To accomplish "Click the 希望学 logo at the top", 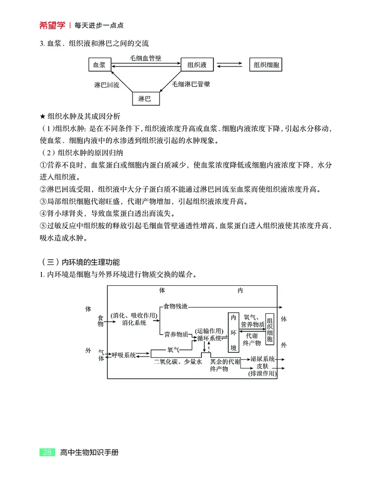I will [x=52, y=25].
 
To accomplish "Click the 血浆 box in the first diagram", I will [x=100, y=65].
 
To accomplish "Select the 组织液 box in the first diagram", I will [x=197, y=65].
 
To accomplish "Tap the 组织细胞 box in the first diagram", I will [x=266, y=65].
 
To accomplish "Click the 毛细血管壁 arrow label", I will [x=146, y=59].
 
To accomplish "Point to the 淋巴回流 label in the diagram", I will [x=106, y=85].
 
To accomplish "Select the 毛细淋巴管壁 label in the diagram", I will [x=191, y=84].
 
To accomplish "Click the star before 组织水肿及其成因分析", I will [x=43, y=116].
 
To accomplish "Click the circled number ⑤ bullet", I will [x=43, y=226].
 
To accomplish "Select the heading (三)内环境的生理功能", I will [x=80, y=262].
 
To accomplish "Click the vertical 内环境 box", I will [x=233, y=333].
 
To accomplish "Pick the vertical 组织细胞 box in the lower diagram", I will [x=270, y=329].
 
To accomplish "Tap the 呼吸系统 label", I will [x=123, y=355].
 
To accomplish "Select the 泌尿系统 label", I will [x=262, y=359].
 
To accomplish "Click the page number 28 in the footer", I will [x=47, y=452].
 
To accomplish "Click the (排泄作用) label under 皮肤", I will [x=262, y=373].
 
